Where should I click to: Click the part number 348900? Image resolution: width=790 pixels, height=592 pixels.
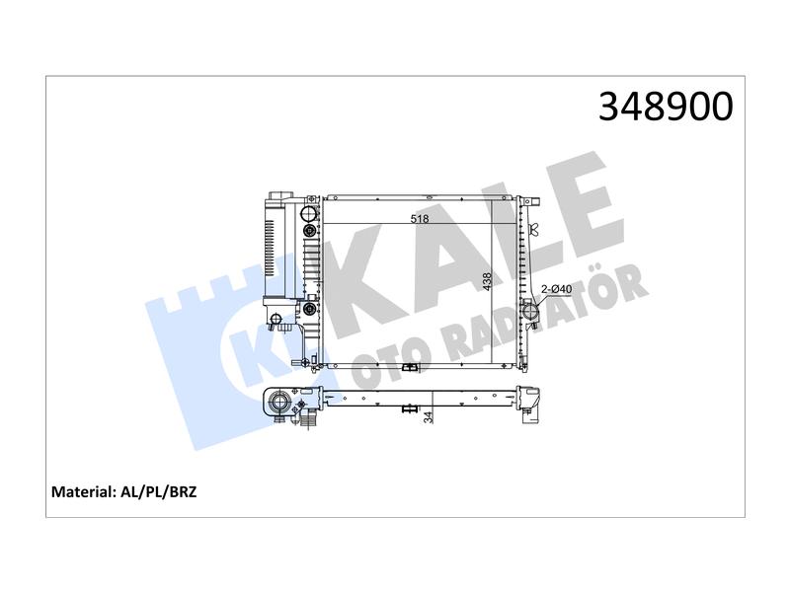coord(666,107)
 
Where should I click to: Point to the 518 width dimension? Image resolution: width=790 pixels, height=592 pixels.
coord(419,218)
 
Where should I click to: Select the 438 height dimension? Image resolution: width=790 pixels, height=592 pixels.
coord(487,283)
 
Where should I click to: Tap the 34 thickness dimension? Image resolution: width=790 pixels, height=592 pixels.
coord(429,416)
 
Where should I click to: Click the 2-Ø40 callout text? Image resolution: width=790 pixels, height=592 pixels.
coord(556,289)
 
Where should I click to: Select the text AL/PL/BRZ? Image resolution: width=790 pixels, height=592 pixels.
coord(159,491)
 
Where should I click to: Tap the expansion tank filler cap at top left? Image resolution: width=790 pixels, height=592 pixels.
coord(277,195)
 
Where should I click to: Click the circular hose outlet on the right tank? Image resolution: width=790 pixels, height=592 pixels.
coord(530,312)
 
